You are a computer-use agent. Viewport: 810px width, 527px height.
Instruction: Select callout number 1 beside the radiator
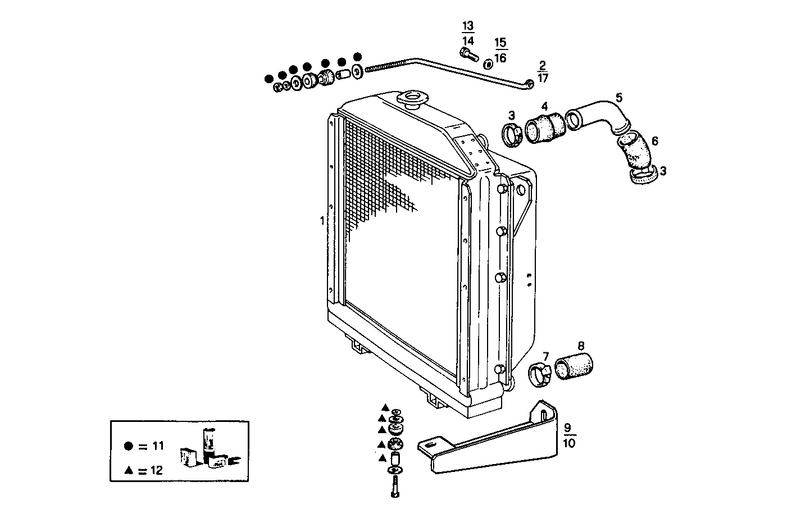click(x=322, y=221)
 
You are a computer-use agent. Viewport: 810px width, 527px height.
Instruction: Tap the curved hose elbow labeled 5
click(x=595, y=112)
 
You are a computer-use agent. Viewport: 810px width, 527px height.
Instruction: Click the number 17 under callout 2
click(x=543, y=79)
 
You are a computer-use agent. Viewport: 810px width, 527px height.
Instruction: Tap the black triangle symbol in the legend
click(x=129, y=471)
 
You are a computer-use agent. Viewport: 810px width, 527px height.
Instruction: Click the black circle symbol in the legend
click(x=129, y=446)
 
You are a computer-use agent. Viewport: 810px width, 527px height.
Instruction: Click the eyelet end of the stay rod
click(x=530, y=84)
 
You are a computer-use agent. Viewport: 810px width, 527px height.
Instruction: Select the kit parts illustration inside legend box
click(x=206, y=449)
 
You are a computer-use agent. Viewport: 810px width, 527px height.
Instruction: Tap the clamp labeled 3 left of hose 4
click(x=512, y=135)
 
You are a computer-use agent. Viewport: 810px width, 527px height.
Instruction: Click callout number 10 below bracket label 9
click(x=568, y=443)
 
